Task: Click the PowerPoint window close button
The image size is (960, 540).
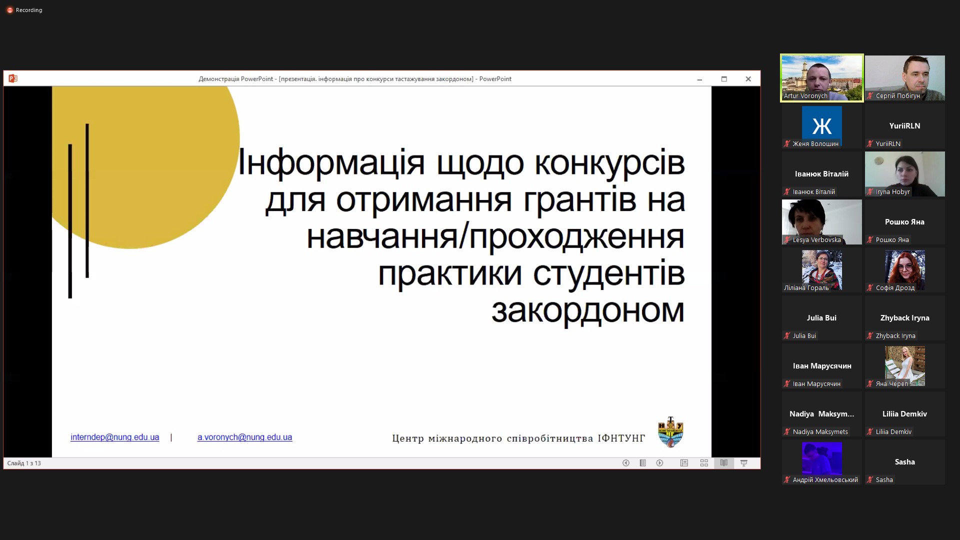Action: point(748,79)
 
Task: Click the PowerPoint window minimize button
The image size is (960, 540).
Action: point(699,79)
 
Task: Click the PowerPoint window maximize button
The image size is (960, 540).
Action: point(724,79)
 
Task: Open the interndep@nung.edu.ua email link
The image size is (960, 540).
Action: point(114,437)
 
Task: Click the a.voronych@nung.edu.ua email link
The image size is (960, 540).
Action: point(244,437)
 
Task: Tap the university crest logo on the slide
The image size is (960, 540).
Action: point(670,431)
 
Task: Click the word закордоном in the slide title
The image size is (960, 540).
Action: point(587,310)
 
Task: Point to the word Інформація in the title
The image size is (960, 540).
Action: point(331,162)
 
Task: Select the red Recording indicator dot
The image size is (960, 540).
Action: point(9,10)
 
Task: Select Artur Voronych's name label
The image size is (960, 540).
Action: point(805,96)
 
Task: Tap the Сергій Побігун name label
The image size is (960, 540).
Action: point(897,96)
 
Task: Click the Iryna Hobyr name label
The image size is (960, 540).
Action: point(892,192)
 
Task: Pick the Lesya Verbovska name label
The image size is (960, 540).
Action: point(816,240)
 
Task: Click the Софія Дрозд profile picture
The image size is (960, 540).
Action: point(904,268)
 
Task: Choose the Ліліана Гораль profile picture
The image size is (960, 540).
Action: point(821,268)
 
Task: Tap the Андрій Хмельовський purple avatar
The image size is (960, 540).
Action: point(821,457)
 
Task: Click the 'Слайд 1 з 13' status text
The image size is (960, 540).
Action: point(24,463)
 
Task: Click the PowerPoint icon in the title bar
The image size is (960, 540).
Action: point(13,78)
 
